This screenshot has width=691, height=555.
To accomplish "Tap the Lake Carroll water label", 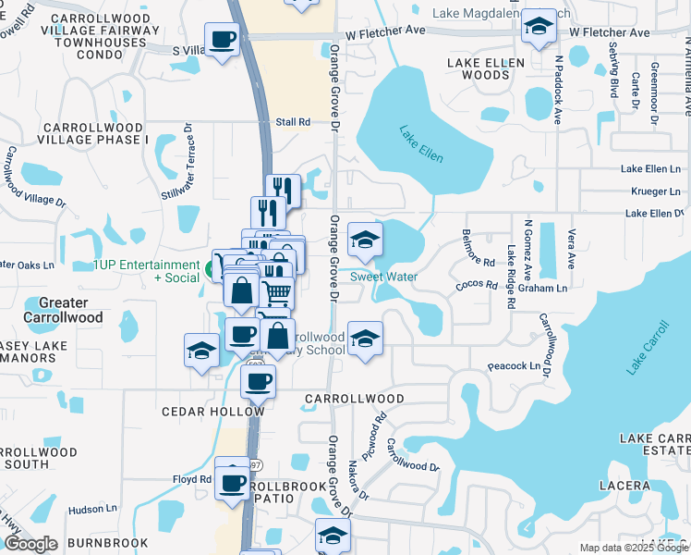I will point(648,348).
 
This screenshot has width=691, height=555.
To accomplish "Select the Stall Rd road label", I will point(293,121).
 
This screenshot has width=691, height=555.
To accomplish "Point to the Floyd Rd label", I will point(192,479).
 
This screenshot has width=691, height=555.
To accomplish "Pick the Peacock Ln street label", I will point(514,366).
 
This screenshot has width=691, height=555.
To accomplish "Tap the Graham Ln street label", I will point(542,288).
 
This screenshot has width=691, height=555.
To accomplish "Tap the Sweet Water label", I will point(383,277).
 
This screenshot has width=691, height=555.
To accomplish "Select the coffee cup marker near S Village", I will point(222,40).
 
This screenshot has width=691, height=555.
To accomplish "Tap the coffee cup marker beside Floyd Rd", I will point(233,481).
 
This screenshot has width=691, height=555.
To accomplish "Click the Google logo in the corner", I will point(30,544).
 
